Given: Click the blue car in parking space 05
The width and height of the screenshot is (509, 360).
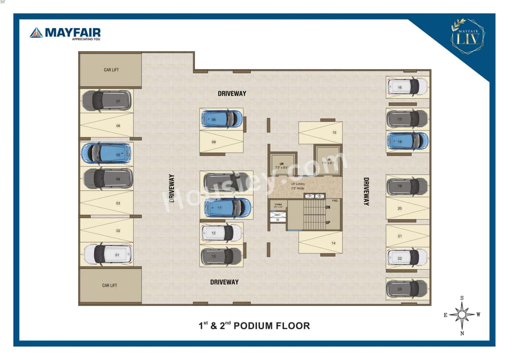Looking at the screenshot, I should click(106, 153).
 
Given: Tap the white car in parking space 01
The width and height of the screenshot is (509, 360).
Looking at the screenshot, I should click(108, 254).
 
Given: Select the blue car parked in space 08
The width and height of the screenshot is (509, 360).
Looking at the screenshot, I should click(221, 119).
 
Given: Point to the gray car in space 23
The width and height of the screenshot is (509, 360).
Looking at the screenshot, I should click(407, 289).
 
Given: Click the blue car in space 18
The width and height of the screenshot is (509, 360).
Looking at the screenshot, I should click(408, 141).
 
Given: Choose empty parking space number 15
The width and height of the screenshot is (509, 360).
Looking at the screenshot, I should click(321, 133).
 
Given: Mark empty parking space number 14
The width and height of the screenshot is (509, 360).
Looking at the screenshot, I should click(321, 243).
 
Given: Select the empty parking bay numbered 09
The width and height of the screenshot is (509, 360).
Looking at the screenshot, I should click(221, 142).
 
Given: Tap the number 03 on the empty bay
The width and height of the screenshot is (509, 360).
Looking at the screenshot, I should click(118, 203).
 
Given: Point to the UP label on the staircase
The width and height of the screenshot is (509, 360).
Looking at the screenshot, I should click(328, 222).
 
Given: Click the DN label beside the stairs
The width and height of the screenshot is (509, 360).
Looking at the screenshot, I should click(328, 207).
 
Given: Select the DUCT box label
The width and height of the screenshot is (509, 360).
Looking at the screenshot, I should click(278, 215).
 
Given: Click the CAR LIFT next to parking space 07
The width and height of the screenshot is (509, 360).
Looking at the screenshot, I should click(111, 70).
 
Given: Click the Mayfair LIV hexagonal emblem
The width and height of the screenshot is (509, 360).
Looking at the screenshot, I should click(468, 37).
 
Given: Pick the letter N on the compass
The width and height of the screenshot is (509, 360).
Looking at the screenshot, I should click(462, 333).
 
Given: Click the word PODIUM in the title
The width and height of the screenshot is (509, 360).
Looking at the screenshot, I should click(253, 326).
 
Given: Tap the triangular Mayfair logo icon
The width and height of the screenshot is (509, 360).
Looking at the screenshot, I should click(36, 33).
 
